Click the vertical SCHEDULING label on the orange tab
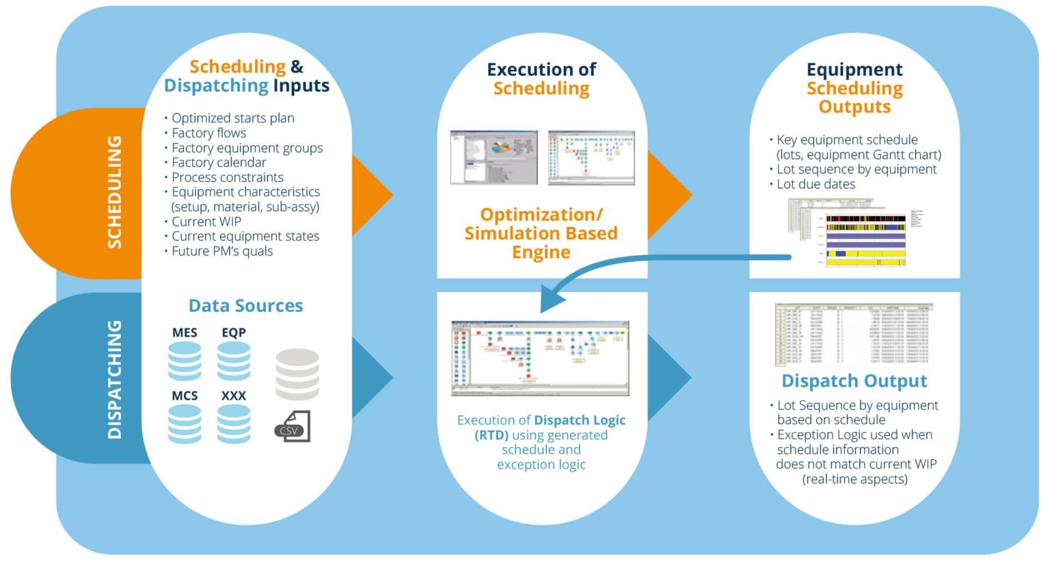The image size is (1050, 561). [115, 192]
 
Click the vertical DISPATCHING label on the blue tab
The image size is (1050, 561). [115, 379]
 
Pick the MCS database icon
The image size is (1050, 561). [185, 423]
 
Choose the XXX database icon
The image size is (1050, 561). [234, 423]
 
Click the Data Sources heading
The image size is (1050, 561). [245, 306]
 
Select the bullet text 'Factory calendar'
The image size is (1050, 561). [219, 162]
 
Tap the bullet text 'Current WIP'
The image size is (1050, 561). [206, 222]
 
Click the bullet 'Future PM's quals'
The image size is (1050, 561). [222, 251]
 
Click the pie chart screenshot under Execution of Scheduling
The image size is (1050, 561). [494, 157]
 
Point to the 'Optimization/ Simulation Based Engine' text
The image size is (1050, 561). [541, 233]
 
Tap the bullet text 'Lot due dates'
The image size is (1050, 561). [816, 184]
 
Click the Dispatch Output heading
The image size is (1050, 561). [854, 381]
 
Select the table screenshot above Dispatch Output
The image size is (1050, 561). [854, 335]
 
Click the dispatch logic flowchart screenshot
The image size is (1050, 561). [540, 358]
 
